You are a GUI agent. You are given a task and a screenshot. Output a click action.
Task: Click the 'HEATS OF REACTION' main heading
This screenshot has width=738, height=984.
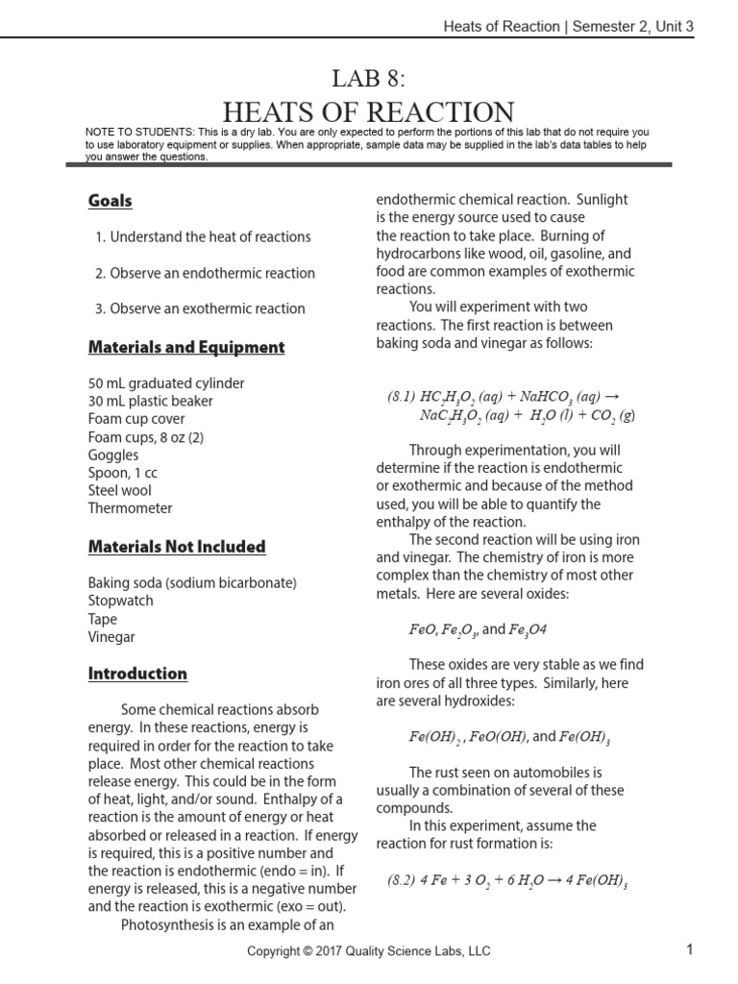point(368,111)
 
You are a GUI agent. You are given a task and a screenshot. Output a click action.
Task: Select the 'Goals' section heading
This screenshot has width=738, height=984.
point(110,201)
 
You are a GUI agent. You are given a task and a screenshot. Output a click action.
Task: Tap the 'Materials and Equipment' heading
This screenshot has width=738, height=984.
point(185,347)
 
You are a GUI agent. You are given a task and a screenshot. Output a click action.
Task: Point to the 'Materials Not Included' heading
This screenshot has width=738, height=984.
point(176,547)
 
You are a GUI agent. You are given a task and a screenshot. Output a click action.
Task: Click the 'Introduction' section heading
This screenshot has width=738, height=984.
point(137,674)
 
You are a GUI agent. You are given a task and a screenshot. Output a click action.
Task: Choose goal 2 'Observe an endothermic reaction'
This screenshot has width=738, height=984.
point(205,273)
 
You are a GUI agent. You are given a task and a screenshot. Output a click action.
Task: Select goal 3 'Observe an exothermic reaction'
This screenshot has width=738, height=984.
point(200,308)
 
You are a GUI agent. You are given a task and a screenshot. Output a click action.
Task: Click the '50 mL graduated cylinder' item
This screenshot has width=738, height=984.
point(166,382)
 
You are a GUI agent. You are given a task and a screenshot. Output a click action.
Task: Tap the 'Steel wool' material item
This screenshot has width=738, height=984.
point(119,490)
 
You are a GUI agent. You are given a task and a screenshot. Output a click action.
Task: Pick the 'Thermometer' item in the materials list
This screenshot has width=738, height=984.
point(130,508)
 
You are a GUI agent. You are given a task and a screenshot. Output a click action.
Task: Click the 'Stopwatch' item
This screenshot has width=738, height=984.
point(120,601)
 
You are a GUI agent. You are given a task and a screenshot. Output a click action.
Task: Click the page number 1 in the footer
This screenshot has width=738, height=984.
point(689,950)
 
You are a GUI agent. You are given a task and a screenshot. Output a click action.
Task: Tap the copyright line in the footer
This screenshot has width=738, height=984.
point(368,951)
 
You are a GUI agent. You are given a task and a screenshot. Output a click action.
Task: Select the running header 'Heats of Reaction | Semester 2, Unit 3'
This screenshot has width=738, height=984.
point(568,26)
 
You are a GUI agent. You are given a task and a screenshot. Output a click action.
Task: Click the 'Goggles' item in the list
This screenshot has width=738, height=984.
point(112,455)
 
